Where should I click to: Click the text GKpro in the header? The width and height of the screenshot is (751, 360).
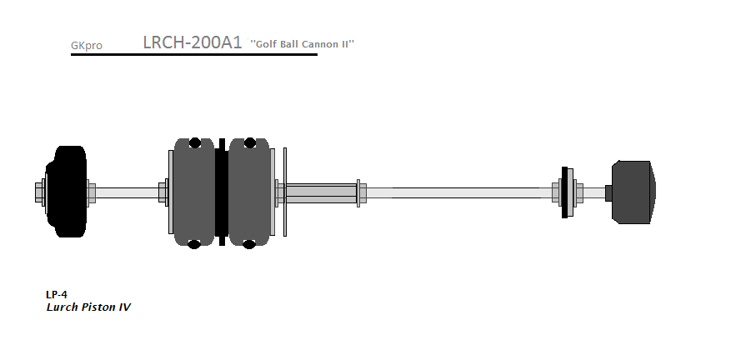pyautogui.click(x=86, y=46)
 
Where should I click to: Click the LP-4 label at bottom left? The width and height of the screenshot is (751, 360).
pyautogui.click(x=56, y=294)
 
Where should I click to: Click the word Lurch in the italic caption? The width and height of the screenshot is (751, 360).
pyautogui.click(x=63, y=307)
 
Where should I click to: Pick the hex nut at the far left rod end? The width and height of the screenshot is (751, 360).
pyautogui.click(x=39, y=192)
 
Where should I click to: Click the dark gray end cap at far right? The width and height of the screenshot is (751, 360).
pyautogui.click(x=633, y=192)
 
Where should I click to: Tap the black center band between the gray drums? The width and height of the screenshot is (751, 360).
pyautogui.click(x=222, y=192)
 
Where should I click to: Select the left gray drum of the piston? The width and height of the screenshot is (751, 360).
pyautogui.click(x=194, y=192)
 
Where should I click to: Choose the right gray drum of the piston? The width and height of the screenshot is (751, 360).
pyautogui.click(x=250, y=192)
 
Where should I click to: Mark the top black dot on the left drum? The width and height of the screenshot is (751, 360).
pyautogui.click(x=194, y=142)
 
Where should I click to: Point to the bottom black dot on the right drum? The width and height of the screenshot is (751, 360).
pyautogui.click(x=249, y=243)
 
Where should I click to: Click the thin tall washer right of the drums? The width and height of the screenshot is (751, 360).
pyautogui.click(x=285, y=192)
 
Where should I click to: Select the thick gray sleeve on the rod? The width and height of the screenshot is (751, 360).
pyautogui.click(x=321, y=192)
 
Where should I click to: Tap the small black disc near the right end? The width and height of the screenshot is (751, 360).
pyautogui.click(x=566, y=192)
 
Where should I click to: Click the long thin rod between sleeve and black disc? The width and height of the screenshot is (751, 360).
pyautogui.click(x=458, y=192)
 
